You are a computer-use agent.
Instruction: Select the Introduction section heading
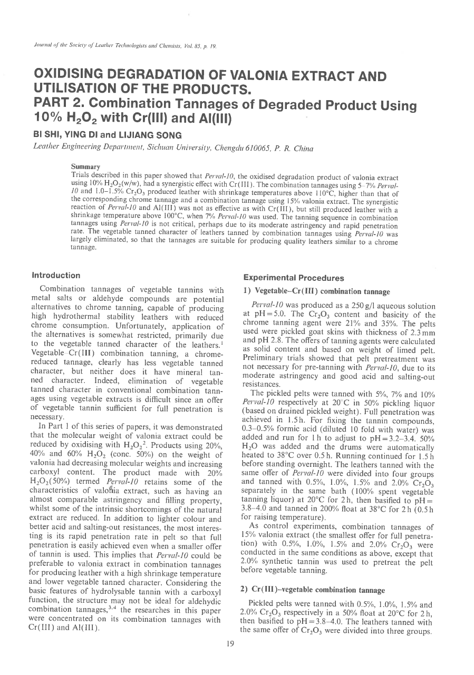click(x=56, y=276)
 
